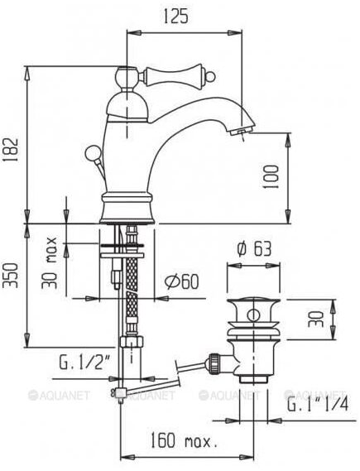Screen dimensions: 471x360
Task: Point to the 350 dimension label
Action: coord(10,285)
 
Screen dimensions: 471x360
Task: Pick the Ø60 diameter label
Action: coord(181,282)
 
